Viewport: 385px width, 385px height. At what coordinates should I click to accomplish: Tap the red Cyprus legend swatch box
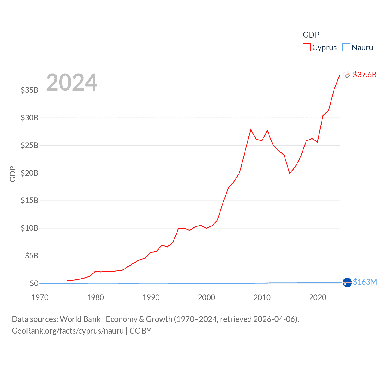coord(306,48)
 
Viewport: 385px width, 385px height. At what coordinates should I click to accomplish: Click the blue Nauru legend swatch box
coord(346,48)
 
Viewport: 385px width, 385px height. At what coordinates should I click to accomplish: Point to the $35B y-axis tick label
coord(29,90)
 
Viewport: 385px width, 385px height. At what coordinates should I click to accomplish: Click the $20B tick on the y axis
coord(29,173)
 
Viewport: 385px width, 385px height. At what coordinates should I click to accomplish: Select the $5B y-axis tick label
coord(32,256)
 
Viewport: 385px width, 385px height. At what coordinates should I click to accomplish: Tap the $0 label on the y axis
coord(34,283)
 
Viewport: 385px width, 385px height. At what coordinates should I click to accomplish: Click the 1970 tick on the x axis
coord(40,297)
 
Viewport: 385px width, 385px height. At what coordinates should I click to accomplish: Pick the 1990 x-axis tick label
coord(151,297)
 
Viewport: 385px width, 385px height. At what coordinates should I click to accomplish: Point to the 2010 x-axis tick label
coord(262,297)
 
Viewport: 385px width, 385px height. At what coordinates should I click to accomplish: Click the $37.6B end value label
coord(365,75)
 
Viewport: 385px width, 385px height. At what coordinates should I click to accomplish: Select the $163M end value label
coord(365,282)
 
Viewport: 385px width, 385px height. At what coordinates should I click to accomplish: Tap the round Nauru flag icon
coord(347,283)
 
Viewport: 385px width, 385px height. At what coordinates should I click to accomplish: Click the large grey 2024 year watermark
coord(72,82)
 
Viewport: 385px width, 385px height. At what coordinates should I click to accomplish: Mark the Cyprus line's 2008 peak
coord(251,129)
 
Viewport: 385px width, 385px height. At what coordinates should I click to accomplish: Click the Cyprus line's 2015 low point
coord(290,173)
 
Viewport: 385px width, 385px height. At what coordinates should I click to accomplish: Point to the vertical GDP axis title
coord(13,174)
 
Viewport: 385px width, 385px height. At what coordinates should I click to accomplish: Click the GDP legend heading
coord(311,35)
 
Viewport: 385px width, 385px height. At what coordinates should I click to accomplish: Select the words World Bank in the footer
coord(80,319)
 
